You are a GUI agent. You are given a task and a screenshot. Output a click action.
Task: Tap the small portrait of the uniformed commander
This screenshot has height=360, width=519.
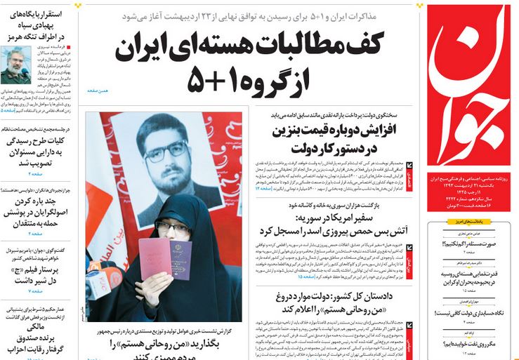(15, 65)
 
